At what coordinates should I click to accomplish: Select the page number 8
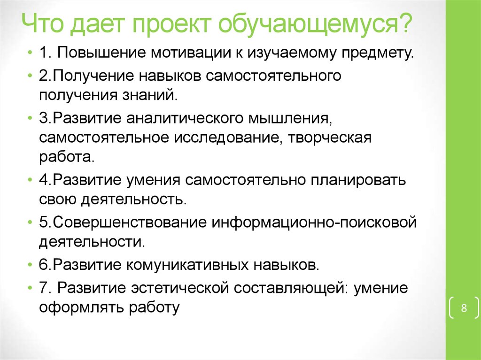464,308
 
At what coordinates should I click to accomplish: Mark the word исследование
228,138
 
